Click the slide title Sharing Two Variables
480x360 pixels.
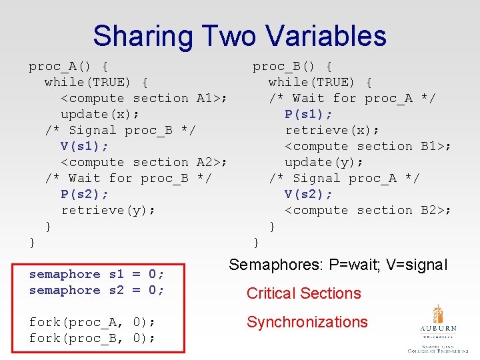(239, 36)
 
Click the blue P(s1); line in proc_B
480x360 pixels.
(309, 114)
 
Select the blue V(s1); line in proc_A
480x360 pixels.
(85, 146)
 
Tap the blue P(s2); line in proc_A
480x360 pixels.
(85, 194)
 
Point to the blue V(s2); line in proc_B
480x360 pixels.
(309, 194)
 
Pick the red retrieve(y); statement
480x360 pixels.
(109, 210)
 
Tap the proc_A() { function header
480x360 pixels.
(69, 66)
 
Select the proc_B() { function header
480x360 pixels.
(293, 66)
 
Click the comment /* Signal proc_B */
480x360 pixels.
(120, 130)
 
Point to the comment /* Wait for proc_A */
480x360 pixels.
(352, 98)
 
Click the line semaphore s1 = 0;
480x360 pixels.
(97, 274)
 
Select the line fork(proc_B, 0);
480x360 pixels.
(93, 338)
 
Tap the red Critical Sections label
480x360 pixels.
(303, 293)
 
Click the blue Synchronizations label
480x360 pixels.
(307, 322)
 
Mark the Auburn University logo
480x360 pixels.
(438, 328)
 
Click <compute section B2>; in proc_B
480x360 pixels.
(368, 210)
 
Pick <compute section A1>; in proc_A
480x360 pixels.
(144, 98)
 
